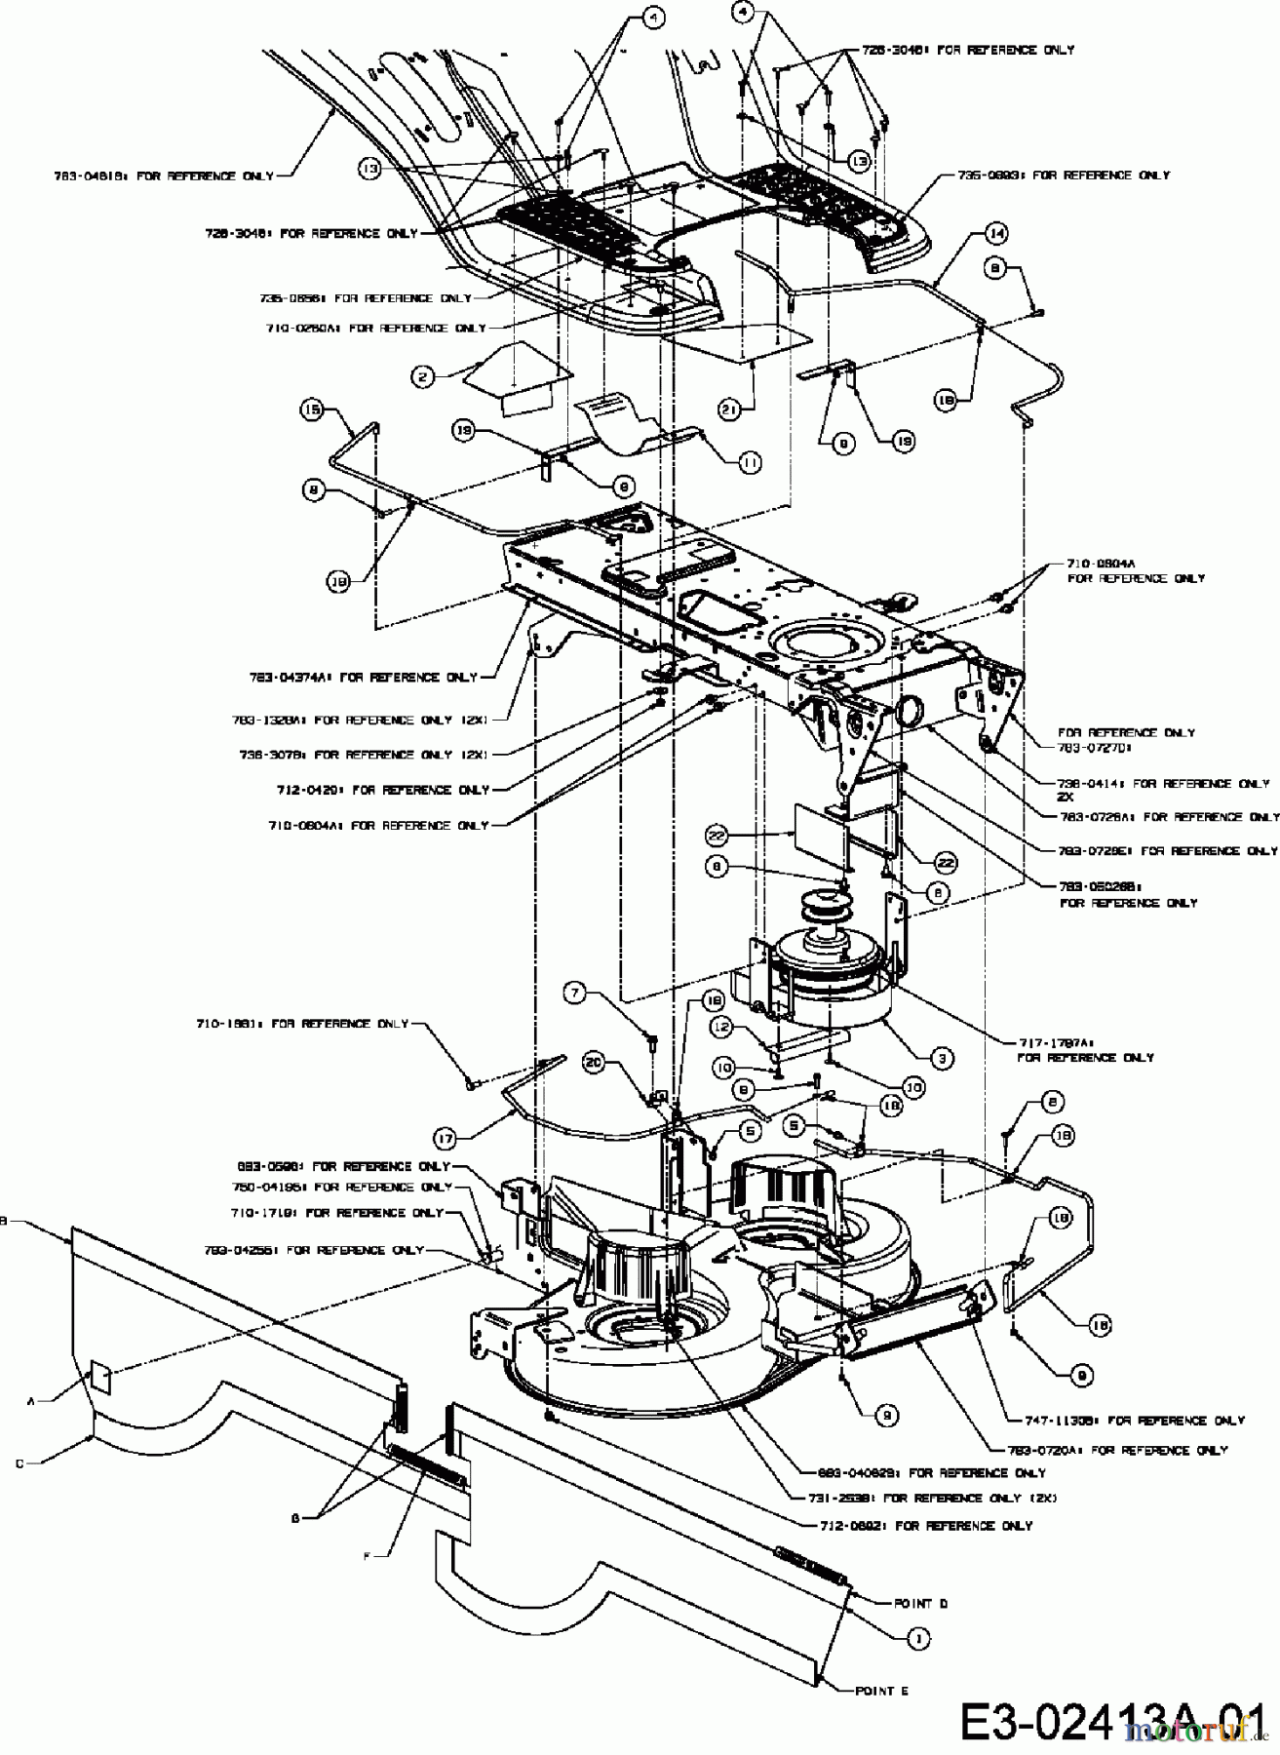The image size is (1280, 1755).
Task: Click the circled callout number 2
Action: point(422,374)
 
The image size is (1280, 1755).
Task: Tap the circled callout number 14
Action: point(996,233)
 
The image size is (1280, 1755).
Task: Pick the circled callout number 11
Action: point(749,464)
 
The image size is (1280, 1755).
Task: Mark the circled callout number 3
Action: point(942,1057)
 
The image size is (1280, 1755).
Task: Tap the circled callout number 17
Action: point(446,1136)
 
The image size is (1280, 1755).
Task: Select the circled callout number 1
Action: point(917,1639)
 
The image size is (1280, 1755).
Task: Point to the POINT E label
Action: point(881,1692)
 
